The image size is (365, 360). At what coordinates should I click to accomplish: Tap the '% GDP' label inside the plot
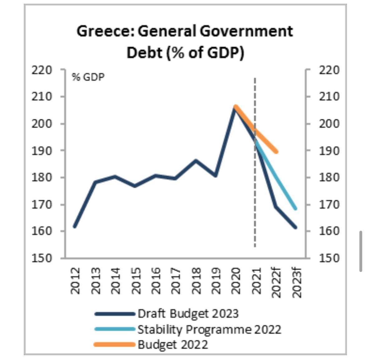pyautogui.click(x=88, y=77)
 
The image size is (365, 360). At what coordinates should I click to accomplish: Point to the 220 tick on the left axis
pyautogui.click(x=41, y=70)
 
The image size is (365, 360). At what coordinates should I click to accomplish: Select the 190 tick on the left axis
pyautogui.click(x=41, y=151)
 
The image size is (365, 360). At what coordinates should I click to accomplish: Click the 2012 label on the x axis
pyautogui.click(x=75, y=280)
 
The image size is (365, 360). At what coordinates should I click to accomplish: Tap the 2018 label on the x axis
pyautogui.click(x=196, y=280)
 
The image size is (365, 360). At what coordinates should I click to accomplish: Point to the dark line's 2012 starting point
pyautogui.click(x=75, y=226)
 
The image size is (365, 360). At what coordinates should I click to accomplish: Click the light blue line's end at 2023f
pyautogui.click(x=295, y=208)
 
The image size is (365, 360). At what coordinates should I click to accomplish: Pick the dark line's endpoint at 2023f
pyautogui.click(x=295, y=227)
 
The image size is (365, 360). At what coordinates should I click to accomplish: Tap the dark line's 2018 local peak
pyautogui.click(x=196, y=161)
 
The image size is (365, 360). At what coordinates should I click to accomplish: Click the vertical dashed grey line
pyautogui.click(x=255, y=219)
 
